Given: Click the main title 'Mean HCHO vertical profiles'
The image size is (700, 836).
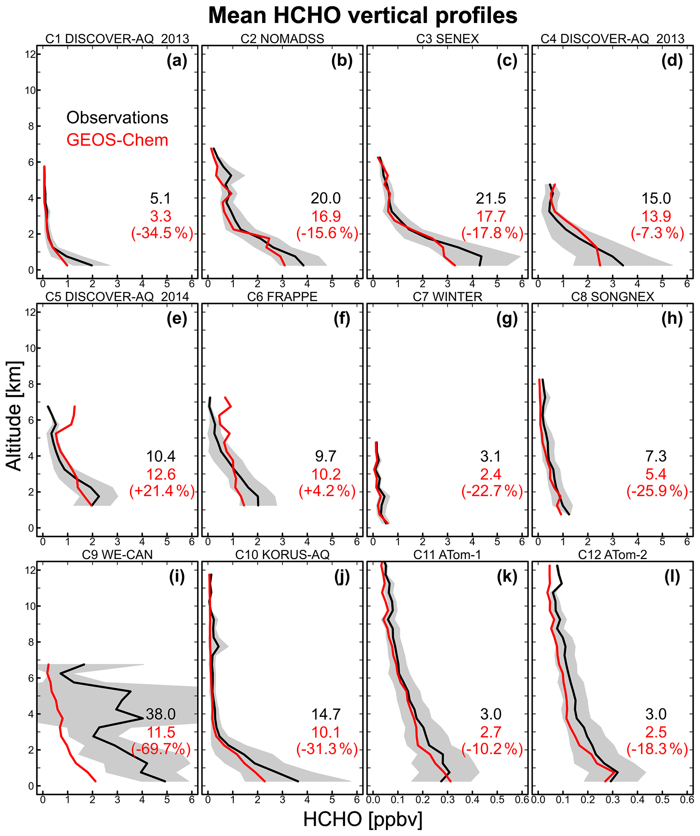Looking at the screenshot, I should (x=362, y=16).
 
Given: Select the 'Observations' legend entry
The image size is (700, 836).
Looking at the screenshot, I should (x=117, y=118).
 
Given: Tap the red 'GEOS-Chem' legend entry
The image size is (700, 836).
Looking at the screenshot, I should (x=117, y=140).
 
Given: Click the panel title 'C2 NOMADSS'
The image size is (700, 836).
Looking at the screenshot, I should (x=282, y=39).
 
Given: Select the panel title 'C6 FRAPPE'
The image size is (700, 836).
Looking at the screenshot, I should (x=282, y=297).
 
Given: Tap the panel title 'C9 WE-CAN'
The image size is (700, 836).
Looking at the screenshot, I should (x=117, y=555).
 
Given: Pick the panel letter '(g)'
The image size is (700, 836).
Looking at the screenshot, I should (x=507, y=319).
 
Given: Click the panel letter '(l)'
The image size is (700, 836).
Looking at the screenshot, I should (x=672, y=577).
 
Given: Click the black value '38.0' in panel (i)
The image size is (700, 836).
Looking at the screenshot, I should (x=161, y=714).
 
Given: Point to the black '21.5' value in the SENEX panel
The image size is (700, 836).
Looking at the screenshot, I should (x=491, y=198).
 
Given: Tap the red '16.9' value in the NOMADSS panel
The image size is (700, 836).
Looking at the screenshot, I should (x=326, y=217).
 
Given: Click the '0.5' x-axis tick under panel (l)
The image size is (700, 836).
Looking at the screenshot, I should (x=662, y=799).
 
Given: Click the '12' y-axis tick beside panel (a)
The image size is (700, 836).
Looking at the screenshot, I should (x=30, y=54).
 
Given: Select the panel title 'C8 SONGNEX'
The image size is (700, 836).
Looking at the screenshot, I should (x=612, y=297).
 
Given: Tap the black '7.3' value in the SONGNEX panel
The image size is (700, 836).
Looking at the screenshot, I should (x=656, y=456).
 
